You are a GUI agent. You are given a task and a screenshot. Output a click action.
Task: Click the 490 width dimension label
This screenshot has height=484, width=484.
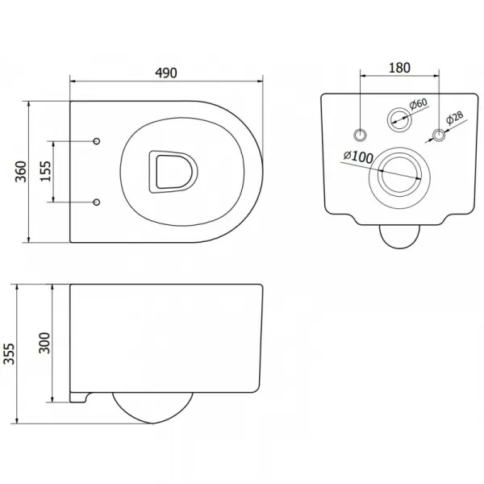pos(166,73)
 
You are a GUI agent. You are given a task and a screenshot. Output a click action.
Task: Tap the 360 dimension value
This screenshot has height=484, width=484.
pos(21,172)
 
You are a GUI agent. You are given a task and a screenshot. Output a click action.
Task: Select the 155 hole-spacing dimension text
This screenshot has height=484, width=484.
pos(45,171)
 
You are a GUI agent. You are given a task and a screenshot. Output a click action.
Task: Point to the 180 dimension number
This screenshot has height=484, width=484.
pos(399,68)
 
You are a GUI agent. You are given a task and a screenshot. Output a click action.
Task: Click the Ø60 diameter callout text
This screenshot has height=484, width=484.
pos(419,104)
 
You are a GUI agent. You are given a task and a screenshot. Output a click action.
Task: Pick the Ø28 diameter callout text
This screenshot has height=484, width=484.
pos(455,118)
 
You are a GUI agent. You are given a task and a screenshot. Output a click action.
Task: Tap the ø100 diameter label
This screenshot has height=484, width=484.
pos(358,156)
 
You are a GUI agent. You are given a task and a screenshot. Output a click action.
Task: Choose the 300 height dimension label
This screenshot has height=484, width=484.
pos(44,343)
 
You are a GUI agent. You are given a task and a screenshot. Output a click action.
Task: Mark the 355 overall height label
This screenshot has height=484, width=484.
pos(9,354)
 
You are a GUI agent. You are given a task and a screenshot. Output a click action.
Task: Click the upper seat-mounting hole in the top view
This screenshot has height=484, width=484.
pos(97,141)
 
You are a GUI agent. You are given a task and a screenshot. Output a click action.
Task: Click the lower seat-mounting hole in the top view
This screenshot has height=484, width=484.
pos(97,202)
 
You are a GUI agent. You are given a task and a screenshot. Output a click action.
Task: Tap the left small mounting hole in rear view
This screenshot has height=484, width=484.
pos(361,135)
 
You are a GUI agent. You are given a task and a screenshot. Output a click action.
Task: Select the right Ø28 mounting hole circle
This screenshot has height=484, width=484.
pos(439,135)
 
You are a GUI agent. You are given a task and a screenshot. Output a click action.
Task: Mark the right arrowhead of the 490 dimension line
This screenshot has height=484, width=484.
pos(260,81)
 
